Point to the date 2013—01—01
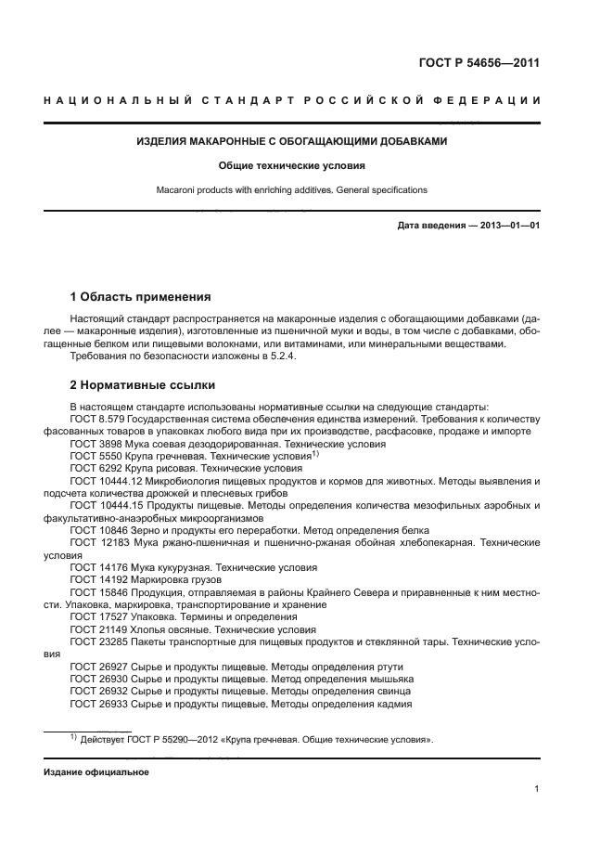click(x=508, y=226)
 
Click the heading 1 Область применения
click(x=140, y=297)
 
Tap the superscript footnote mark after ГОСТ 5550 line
click(x=315, y=454)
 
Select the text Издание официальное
click(x=96, y=772)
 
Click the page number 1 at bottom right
click(x=537, y=789)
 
